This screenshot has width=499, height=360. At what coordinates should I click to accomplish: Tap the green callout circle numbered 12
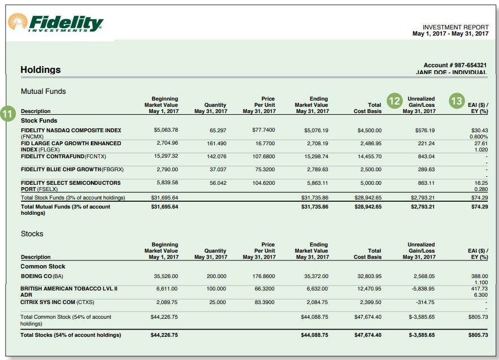click(395, 101)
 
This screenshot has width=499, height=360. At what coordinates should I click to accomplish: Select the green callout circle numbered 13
click(456, 101)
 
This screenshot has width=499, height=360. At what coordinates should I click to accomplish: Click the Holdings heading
click(41, 70)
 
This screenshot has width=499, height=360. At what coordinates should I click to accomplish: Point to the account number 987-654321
click(455, 66)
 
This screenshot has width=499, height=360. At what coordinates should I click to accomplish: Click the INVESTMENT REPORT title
click(455, 27)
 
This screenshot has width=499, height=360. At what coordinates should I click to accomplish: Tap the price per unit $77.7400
click(264, 131)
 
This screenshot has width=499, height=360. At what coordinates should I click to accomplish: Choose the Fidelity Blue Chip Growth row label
click(72, 170)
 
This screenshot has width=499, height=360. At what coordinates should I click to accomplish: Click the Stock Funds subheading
click(39, 120)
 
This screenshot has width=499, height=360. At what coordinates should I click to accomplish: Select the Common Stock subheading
click(43, 266)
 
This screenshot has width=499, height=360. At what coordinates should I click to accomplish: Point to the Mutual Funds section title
click(44, 91)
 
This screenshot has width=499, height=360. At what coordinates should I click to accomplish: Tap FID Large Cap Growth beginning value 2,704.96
click(167, 144)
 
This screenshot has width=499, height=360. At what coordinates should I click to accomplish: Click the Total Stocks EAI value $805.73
click(478, 335)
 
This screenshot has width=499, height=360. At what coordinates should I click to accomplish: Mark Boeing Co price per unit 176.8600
click(264, 276)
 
